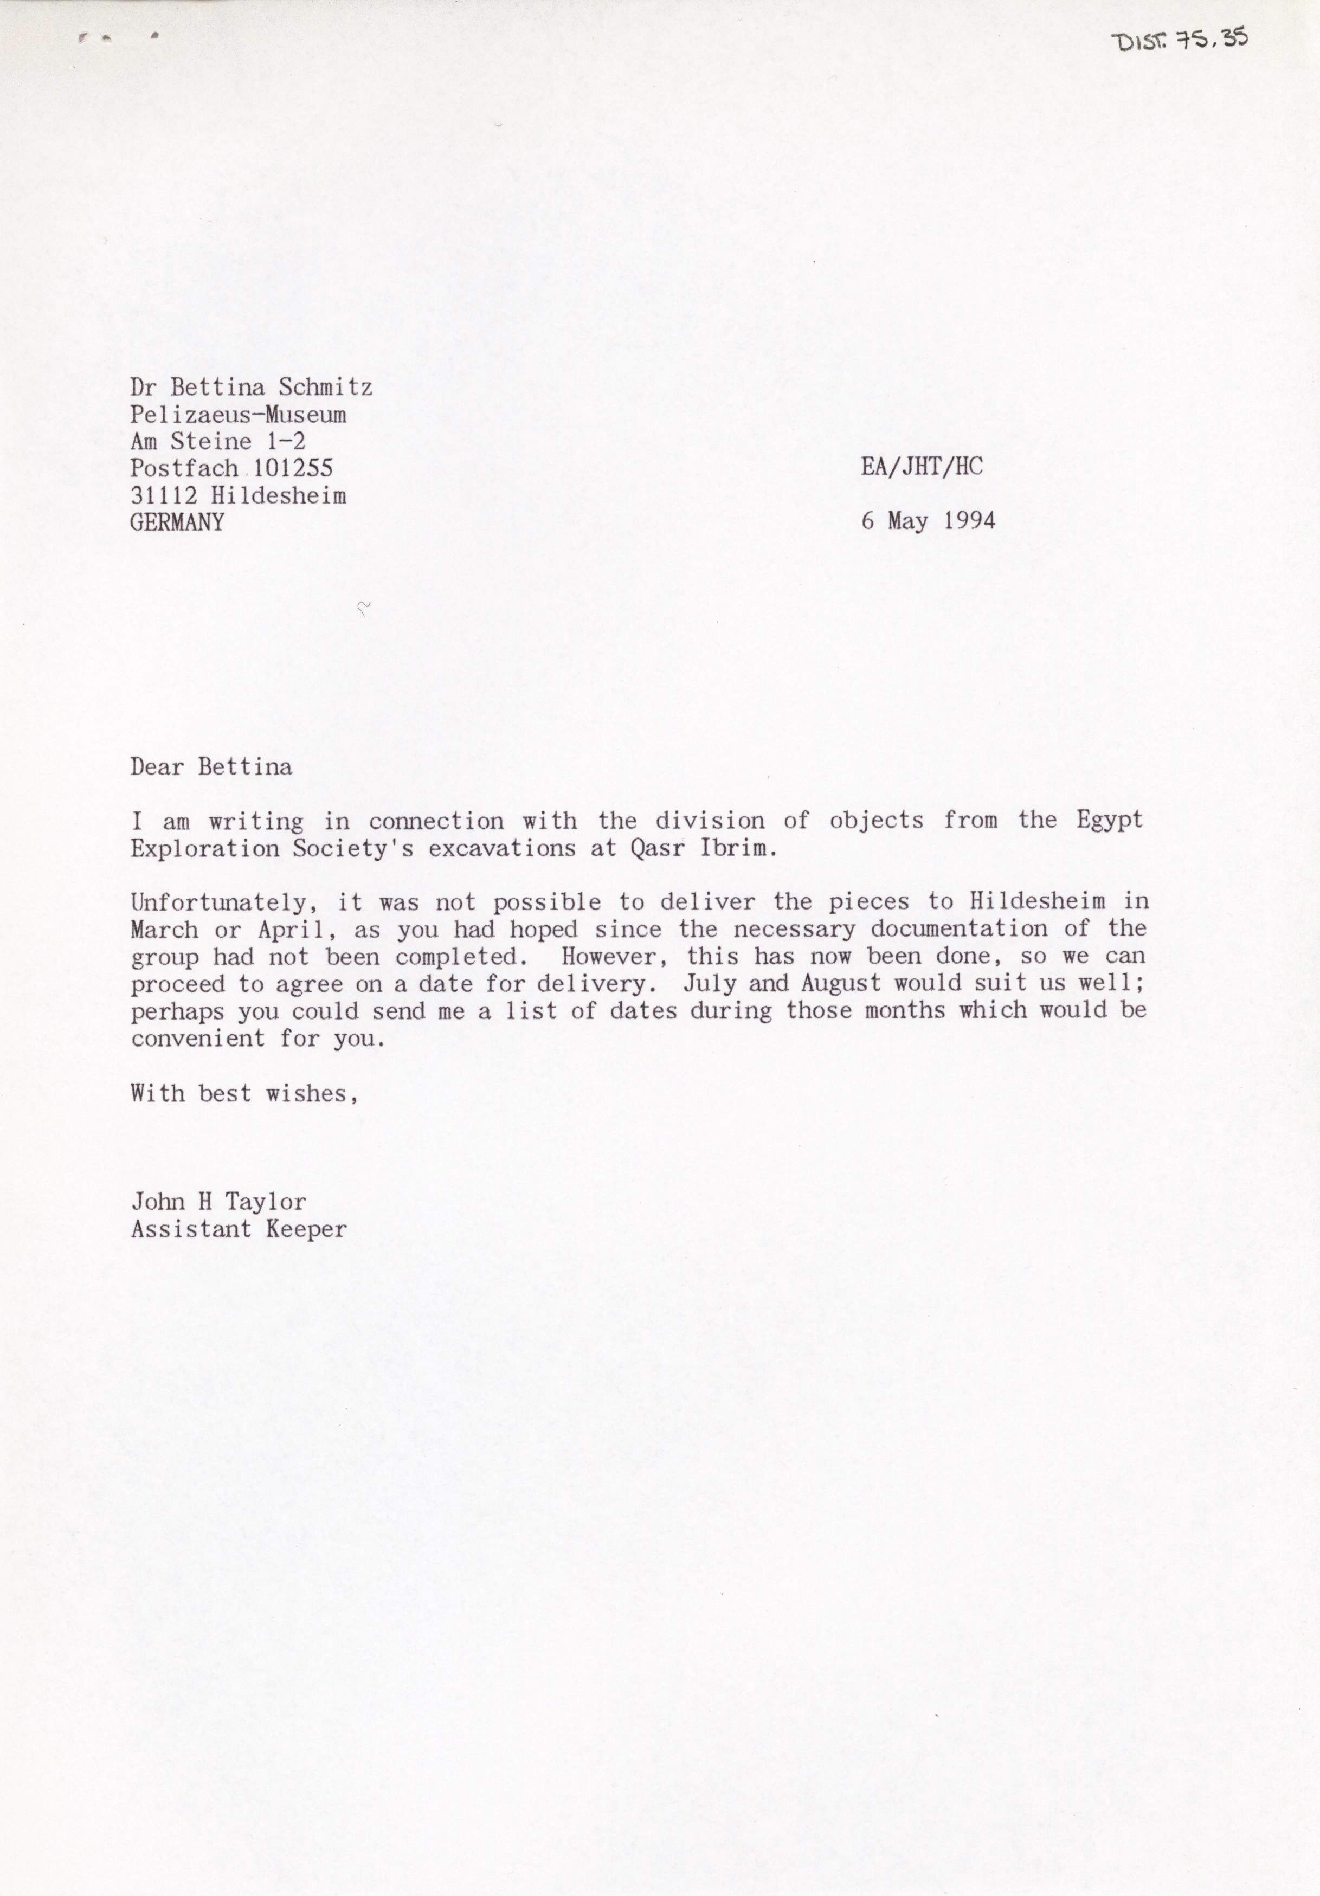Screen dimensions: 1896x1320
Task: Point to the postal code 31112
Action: pos(164,495)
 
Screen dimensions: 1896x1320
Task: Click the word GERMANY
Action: pos(177,523)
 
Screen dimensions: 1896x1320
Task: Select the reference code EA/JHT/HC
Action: pos(922,467)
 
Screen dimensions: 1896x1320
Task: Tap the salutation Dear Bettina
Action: pos(211,767)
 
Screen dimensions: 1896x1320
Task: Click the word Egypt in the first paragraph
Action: pos(1109,821)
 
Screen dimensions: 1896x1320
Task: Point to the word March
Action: pos(164,930)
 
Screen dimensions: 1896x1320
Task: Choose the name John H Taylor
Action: pos(218,1202)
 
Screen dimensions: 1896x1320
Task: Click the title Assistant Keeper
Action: pos(239,1229)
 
